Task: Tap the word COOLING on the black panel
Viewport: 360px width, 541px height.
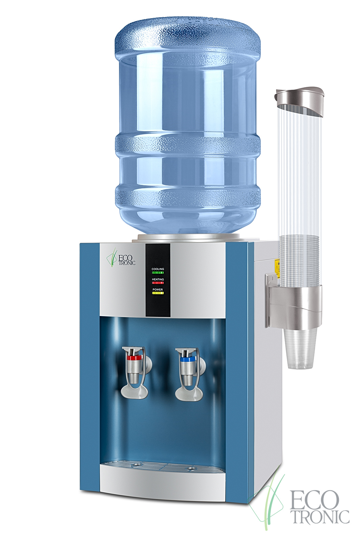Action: [x=158, y=269]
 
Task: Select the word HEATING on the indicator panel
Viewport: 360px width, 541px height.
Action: [x=158, y=279]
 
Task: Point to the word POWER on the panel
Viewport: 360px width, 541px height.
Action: [x=158, y=289]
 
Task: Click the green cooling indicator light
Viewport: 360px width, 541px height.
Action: [x=158, y=273]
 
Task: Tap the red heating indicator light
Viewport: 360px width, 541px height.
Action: [x=158, y=283]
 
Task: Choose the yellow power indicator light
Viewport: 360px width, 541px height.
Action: [x=158, y=293]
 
